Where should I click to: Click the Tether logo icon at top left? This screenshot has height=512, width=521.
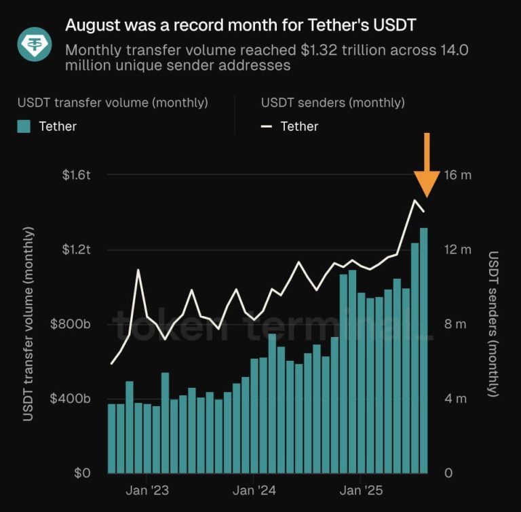click(x=34, y=45)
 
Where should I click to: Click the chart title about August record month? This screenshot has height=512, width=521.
click(x=240, y=26)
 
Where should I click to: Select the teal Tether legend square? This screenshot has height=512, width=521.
click(x=24, y=126)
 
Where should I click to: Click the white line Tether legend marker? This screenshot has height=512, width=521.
click(x=267, y=126)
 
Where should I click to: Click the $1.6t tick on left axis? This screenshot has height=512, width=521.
click(x=76, y=175)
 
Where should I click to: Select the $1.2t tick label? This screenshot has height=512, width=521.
click(x=76, y=250)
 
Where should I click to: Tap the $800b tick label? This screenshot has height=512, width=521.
click(x=71, y=324)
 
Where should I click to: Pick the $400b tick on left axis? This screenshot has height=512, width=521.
click(x=71, y=399)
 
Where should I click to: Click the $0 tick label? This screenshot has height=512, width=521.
click(x=82, y=473)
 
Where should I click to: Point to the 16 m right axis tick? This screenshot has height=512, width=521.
click(x=457, y=175)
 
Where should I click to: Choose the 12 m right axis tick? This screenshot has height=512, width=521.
click(x=457, y=250)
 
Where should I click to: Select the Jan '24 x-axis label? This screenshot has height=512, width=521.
click(x=253, y=490)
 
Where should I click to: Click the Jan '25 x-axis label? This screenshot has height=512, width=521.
click(x=360, y=490)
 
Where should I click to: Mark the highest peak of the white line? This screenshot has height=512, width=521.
click(x=414, y=200)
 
